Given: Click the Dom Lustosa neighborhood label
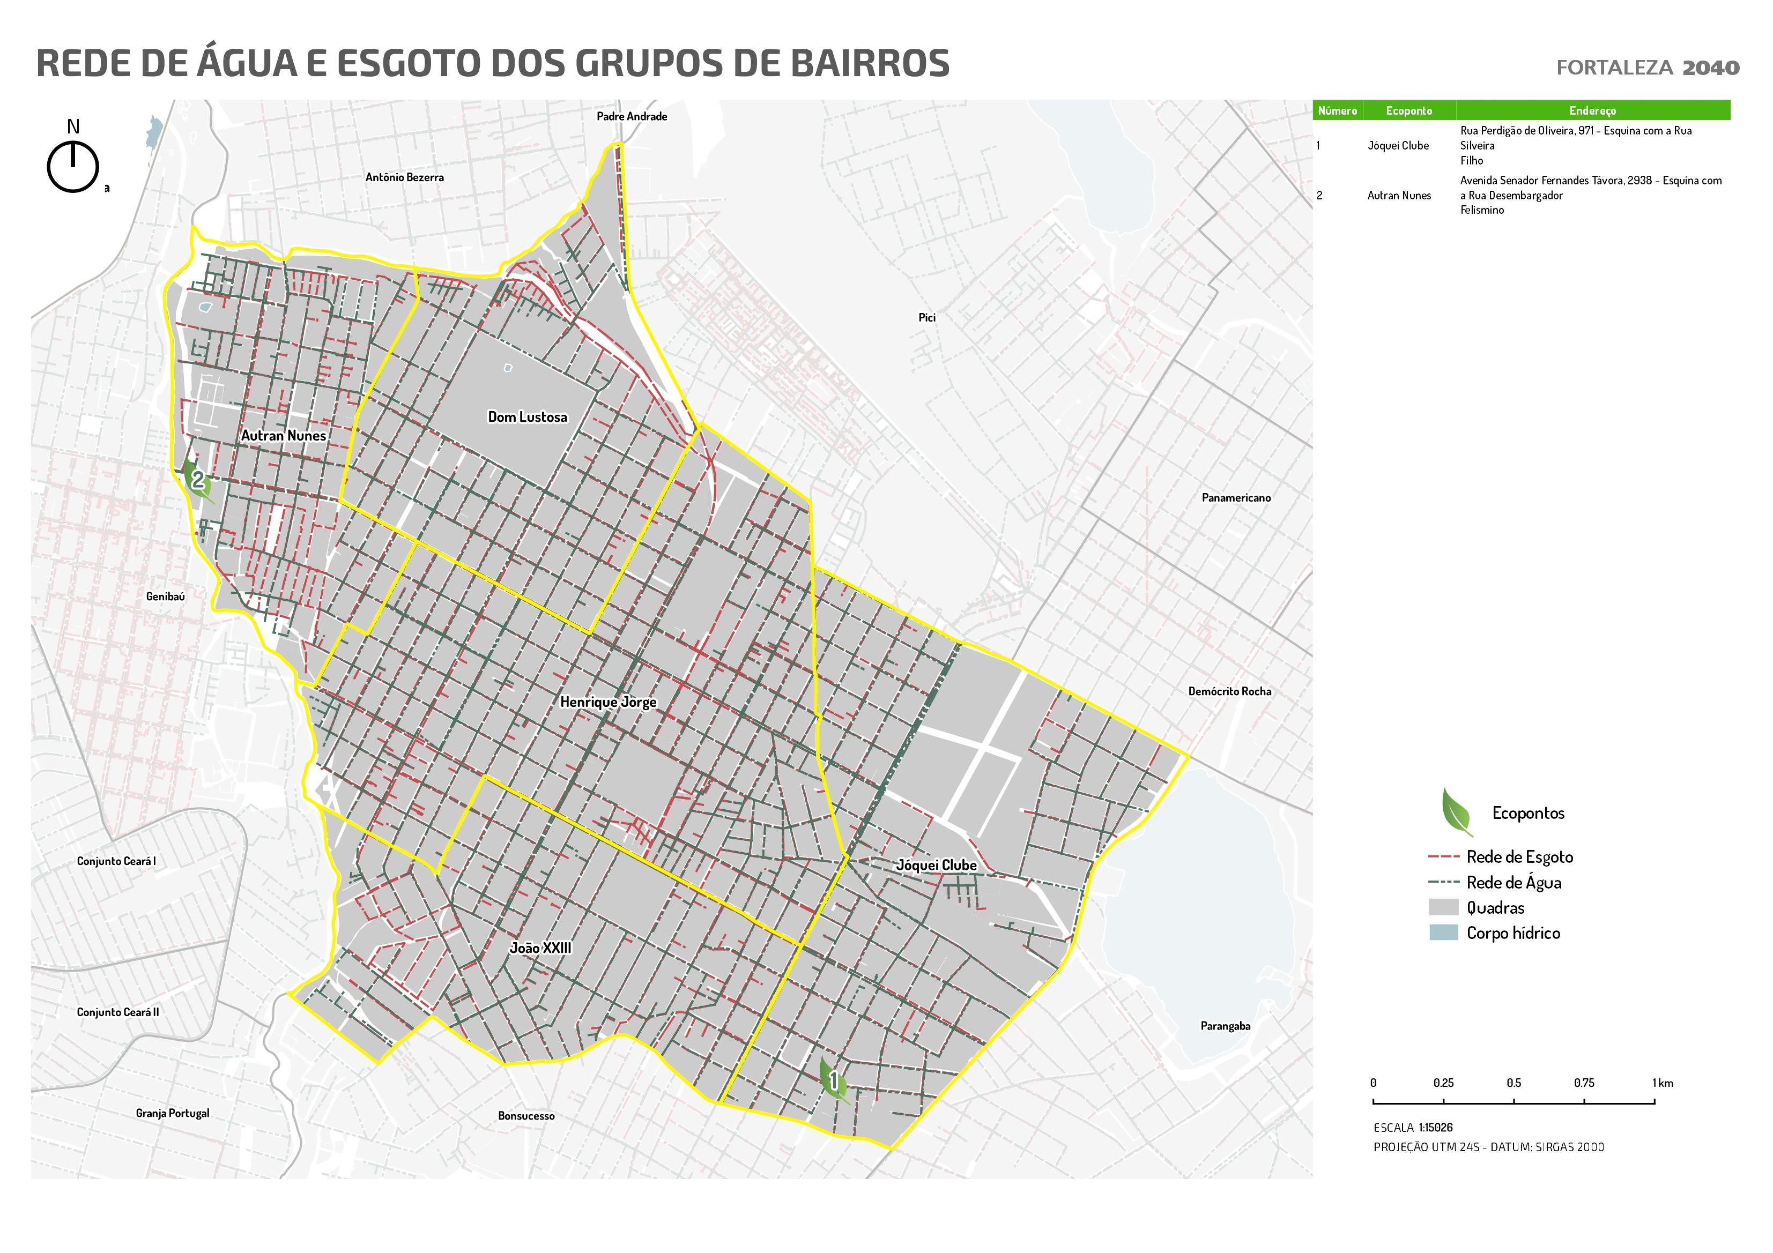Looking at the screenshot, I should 528,417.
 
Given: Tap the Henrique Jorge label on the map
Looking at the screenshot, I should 608,702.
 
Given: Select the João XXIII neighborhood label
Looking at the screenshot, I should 540,948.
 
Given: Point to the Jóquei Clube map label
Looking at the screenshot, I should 936,866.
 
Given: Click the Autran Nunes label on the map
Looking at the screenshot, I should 284,435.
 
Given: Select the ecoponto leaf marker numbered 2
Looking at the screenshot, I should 198,480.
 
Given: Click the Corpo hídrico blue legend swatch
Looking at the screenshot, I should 1443,932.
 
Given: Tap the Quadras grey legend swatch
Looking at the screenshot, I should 1443,907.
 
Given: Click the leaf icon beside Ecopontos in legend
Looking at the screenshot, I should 1456,811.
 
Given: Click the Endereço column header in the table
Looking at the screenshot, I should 1592,110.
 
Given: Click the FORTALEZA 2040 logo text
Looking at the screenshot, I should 1647,68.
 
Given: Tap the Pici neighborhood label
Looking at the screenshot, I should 926,317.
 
